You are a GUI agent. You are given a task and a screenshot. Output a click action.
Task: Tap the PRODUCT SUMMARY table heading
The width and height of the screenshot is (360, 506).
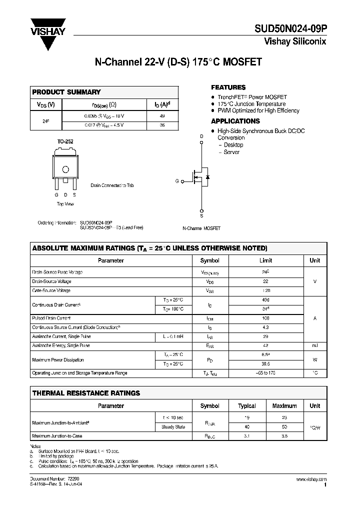click(x=66, y=92)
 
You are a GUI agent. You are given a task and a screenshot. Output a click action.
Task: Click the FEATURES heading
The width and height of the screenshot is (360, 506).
click(x=228, y=87)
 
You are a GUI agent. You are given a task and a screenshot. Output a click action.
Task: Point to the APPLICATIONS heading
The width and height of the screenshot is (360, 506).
click(x=235, y=121)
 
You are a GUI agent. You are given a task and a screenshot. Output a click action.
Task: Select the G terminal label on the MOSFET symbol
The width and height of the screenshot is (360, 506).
click(x=176, y=181)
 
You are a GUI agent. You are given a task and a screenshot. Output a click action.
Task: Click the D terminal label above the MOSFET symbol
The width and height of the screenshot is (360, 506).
click(x=201, y=136)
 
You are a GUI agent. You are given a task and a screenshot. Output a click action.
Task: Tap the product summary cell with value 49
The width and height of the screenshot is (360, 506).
click(x=161, y=115)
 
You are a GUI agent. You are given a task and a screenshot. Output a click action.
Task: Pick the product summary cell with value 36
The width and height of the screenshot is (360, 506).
click(x=161, y=125)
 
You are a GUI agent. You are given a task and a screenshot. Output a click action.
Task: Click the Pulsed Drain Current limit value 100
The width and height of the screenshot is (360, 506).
click(x=265, y=318)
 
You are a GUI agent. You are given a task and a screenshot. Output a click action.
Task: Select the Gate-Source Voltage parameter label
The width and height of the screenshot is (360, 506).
click(x=51, y=290)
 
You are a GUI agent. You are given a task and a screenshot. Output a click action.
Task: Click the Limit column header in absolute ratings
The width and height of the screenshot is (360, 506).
click(x=265, y=260)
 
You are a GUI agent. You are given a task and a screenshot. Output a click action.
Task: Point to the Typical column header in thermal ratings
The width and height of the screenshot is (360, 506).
click(x=247, y=406)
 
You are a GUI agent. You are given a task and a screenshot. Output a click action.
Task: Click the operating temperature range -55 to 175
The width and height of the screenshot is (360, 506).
click(x=265, y=373)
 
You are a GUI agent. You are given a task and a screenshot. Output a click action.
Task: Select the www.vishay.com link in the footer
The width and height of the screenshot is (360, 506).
click(x=313, y=479)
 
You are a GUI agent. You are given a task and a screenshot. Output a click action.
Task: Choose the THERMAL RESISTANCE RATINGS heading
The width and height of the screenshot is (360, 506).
click(x=86, y=393)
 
